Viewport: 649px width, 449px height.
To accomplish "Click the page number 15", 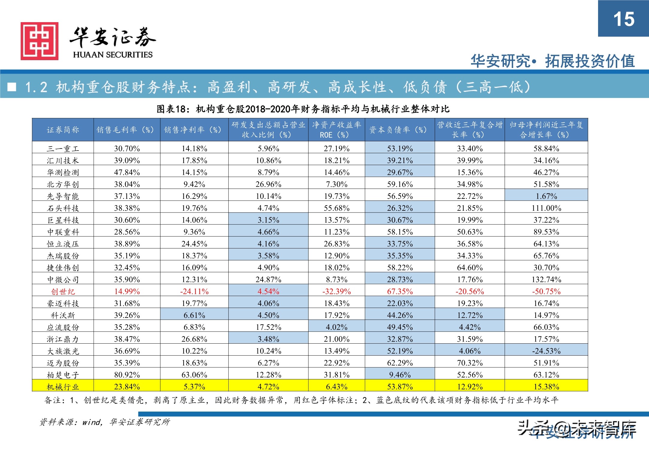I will click(624, 19).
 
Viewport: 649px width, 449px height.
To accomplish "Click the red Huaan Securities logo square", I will click(39, 41).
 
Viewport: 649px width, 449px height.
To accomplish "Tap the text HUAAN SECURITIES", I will click(113, 55).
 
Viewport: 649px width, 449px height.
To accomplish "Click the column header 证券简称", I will click(63, 130).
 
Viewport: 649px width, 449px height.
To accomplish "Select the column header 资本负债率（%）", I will click(399, 130).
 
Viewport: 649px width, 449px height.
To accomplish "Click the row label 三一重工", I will click(63, 148).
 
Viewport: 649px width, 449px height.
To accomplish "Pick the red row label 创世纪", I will click(63, 292).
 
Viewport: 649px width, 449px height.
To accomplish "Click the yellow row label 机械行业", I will click(63, 387).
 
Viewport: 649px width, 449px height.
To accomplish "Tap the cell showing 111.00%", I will click(546, 208).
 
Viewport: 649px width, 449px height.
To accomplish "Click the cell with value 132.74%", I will click(546, 280).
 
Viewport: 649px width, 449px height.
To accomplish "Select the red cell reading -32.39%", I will click(336, 292).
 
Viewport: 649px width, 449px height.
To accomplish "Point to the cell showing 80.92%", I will click(127, 375).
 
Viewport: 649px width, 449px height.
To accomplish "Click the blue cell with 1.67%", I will click(546, 196).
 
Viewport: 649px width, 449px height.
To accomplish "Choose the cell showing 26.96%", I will click(268, 184).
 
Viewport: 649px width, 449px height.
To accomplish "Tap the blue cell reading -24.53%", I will click(546, 351).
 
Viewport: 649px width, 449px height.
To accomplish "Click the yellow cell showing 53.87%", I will click(400, 387).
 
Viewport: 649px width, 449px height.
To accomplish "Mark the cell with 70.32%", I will click(470, 363).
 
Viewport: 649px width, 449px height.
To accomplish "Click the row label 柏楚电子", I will click(63, 375).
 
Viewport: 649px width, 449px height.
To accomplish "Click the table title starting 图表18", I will click(303, 109).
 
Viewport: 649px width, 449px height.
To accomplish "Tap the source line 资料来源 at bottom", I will click(105, 422).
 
